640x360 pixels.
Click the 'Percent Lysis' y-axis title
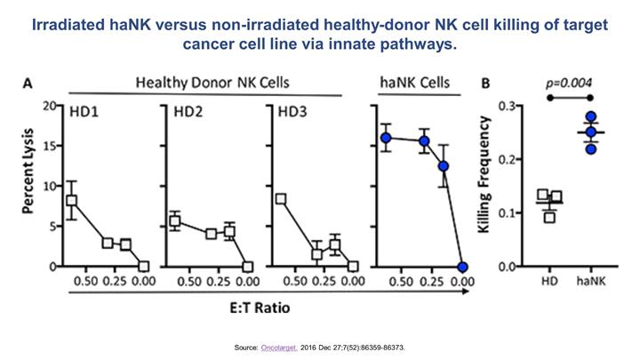pyautogui.click(x=28, y=185)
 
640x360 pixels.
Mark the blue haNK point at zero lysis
pyautogui.click(x=462, y=267)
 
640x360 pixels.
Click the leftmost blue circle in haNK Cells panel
pyautogui.click(x=386, y=138)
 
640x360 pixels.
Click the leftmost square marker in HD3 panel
pyautogui.click(x=281, y=199)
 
